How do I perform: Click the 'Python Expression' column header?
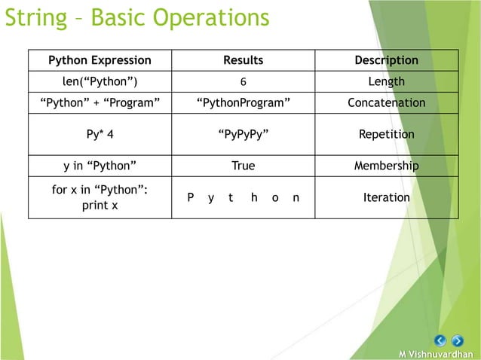coord(100,60)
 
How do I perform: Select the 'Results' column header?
coord(243,60)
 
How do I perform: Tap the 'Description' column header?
coord(386,60)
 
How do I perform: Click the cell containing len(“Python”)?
coord(100,81)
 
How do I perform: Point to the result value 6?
coord(243,82)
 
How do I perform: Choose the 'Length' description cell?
coord(386,81)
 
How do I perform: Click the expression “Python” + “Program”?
coord(100,102)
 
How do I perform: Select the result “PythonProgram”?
coord(243,102)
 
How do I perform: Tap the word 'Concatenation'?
coord(386,102)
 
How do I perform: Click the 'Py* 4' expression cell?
coord(100,135)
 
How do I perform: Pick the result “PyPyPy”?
coord(243,135)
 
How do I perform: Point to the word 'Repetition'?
coord(386,135)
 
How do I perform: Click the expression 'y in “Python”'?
coord(100,166)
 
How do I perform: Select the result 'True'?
coord(243,166)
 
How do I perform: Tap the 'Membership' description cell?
coord(386,166)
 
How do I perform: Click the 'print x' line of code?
coord(100,205)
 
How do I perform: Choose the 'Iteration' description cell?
coord(386,197)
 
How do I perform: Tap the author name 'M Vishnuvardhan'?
coord(441,354)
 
